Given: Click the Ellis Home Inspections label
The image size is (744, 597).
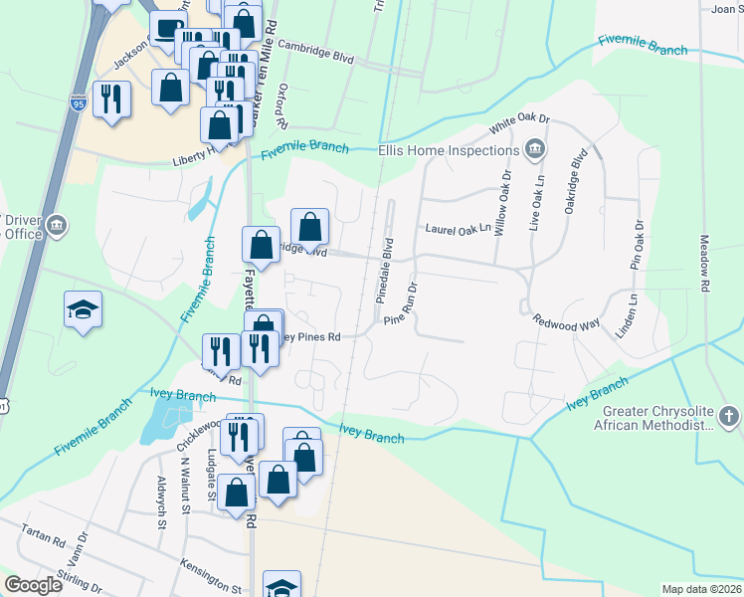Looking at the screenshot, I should click(x=448, y=150).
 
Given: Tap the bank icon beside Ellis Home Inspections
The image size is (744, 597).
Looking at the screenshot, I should click(x=535, y=150).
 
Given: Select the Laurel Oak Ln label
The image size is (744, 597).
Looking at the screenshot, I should click(x=459, y=229).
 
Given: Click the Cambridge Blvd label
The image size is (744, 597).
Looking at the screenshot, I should click(x=316, y=52).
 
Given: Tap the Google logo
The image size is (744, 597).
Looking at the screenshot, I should click(x=34, y=585).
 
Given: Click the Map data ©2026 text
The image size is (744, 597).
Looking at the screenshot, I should click(x=701, y=589).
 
